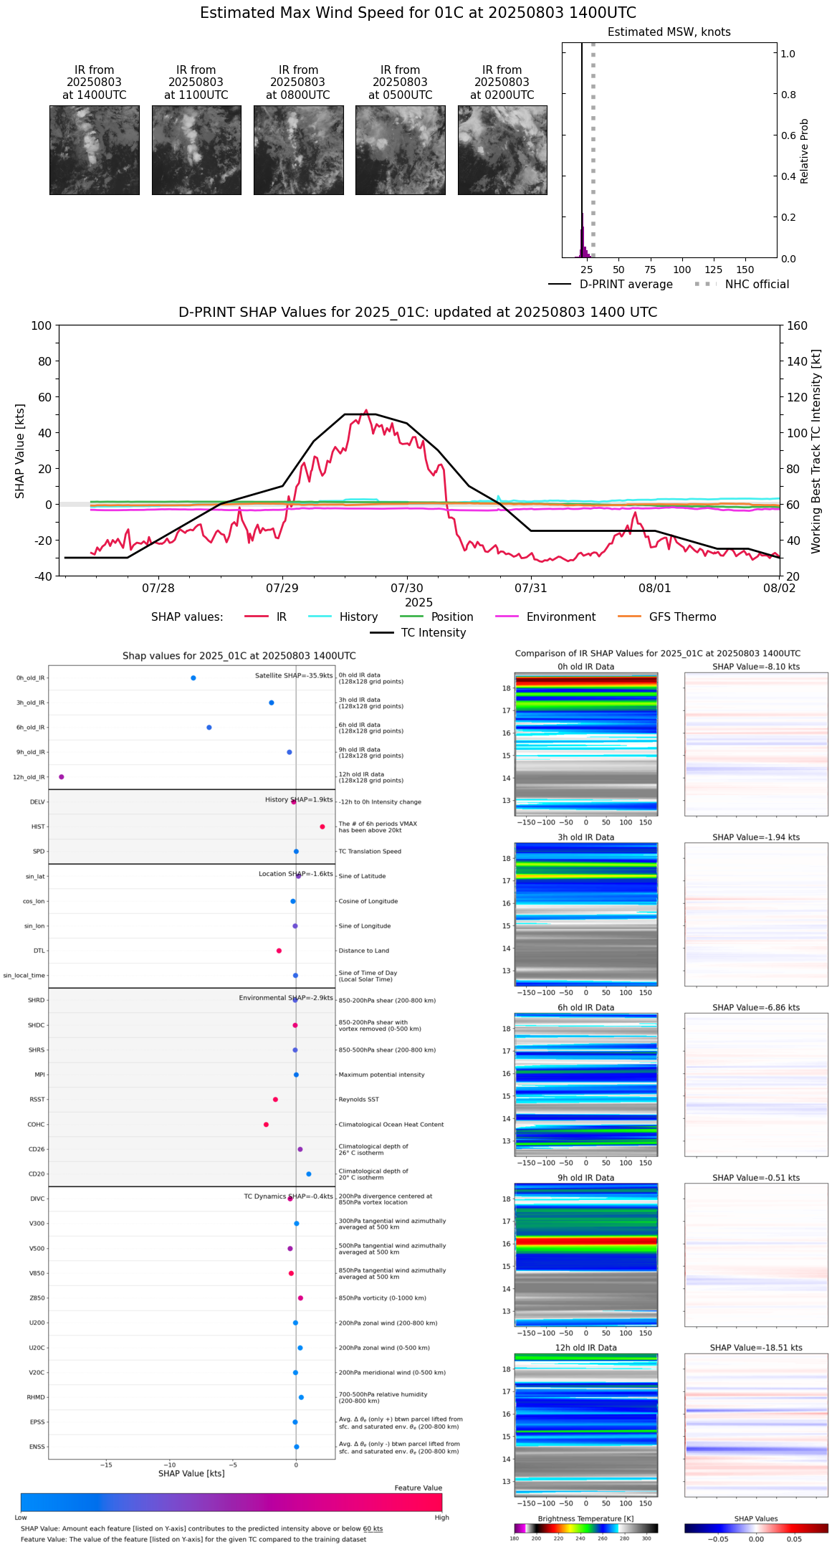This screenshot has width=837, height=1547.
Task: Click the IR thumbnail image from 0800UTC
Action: tap(298, 150)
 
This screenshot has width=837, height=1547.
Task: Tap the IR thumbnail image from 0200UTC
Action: tap(502, 150)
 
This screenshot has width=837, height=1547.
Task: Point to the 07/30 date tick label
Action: tap(406, 588)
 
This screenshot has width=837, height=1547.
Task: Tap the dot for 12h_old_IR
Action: tap(62, 777)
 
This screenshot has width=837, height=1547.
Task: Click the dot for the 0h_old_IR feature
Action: tap(193, 678)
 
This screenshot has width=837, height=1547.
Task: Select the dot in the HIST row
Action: tap(322, 827)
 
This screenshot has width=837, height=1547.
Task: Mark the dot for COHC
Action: tap(267, 1125)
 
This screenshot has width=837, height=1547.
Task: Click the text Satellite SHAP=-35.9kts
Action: tap(294, 676)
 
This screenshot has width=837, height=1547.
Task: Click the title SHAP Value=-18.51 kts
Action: tap(756, 1348)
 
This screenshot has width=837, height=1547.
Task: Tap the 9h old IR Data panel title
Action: tap(585, 1178)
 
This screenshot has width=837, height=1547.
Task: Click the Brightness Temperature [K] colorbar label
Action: tap(585, 1519)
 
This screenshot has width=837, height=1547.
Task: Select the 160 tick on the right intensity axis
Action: tap(797, 326)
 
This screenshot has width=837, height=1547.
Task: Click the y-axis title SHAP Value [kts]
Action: tap(20, 451)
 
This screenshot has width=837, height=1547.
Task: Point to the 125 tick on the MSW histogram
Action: tap(713, 270)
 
